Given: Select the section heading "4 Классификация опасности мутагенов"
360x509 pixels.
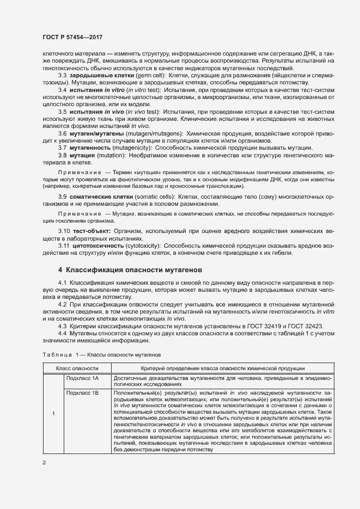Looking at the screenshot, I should coord(130,269).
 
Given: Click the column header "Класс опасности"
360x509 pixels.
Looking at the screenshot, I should coord(77,369).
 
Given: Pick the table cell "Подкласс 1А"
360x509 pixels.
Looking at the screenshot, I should coord(82,378).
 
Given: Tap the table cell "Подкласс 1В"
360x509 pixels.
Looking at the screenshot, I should coord(82,392).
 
